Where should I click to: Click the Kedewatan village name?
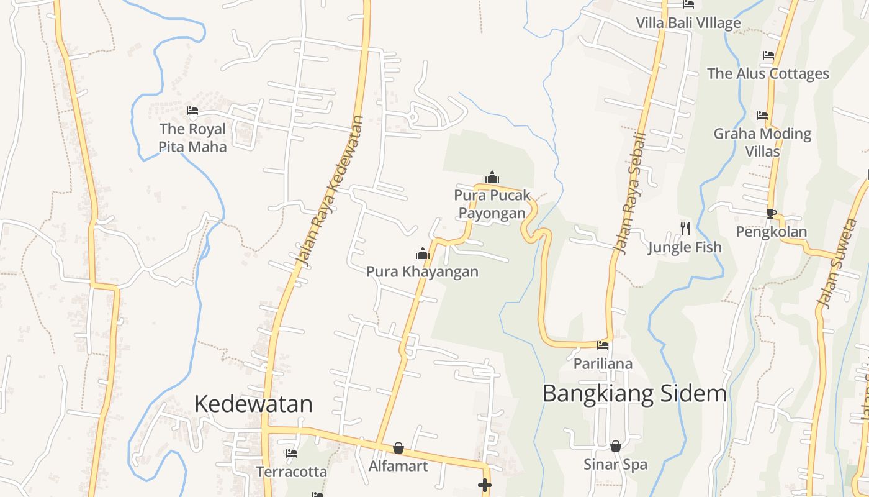(253, 404)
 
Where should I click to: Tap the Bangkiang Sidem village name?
(634, 393)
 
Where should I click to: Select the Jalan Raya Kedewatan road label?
(328, 192)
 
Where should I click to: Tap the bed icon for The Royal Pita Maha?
(192, 111)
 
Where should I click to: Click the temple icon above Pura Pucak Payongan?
(492, 178)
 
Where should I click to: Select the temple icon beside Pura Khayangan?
(423, 253)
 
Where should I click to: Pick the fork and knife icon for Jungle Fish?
(685, 229)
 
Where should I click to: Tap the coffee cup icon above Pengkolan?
(772, 213)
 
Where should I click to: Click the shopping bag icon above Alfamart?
(398, 448)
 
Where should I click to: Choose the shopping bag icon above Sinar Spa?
(616, 446)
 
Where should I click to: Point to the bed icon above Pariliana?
(603, 345)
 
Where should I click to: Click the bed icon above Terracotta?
(292, 454)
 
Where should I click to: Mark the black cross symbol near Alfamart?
(485, 485)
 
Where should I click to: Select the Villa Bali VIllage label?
(688, 23)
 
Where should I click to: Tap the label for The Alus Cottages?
(768, 73)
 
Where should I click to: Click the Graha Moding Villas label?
(762, 142)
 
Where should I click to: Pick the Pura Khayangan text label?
(422, 271)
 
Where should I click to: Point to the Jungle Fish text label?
(685, 247)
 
